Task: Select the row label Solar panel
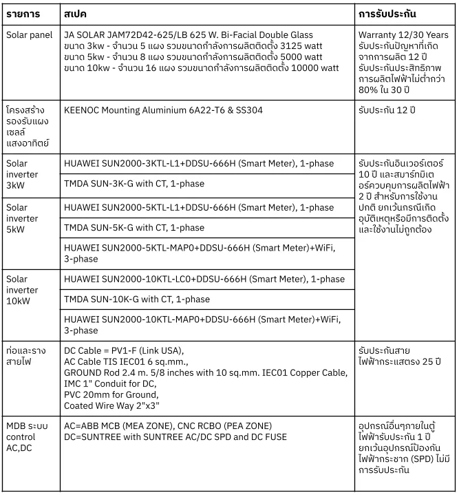[28, 35]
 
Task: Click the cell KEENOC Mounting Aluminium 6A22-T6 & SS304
[163, 109]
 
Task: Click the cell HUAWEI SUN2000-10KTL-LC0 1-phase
[204, 279]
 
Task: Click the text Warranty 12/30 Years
[403, 35]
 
